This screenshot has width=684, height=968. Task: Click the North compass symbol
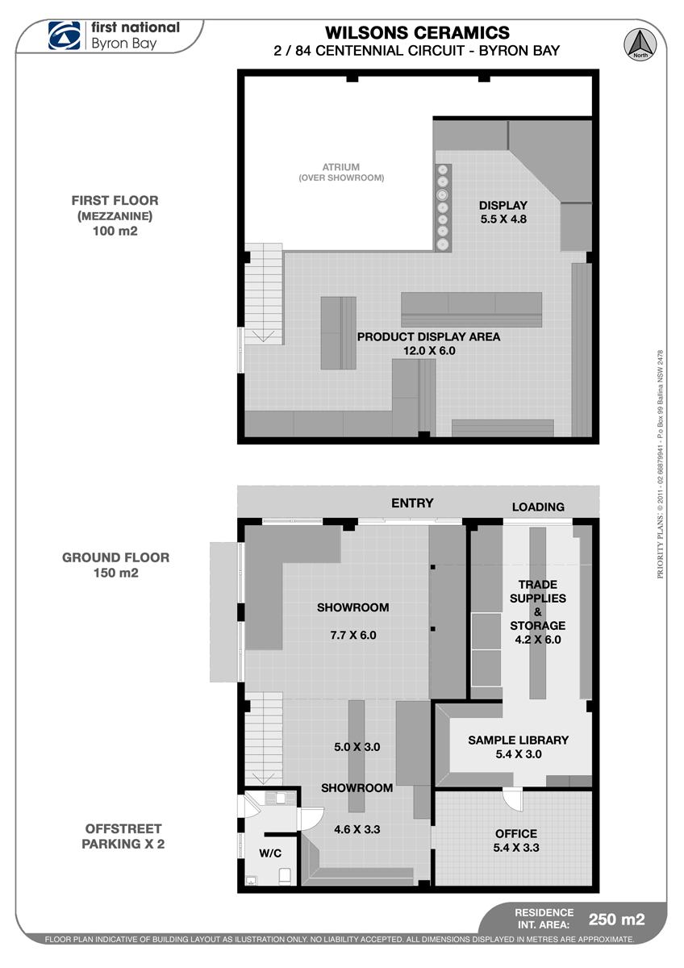[x=640, y=44]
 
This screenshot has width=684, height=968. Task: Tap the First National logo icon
[x=64, y=35]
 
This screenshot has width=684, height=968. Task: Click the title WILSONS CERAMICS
[x=417, y=33]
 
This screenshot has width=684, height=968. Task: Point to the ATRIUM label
[x=341, y=167]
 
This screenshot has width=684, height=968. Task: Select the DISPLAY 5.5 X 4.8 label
[x=503, y=211]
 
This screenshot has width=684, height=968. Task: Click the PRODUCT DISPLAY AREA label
[x=428, y=336]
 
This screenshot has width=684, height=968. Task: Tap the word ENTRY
[x=412, y=503]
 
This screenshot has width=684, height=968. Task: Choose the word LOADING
[x=538, y=507]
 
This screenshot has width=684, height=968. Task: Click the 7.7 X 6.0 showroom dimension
[x=353, y=635]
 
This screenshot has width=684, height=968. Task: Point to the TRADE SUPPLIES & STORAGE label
[x=538, y=605]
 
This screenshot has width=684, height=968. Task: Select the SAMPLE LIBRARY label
[x=518, y=740]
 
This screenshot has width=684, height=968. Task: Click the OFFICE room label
[x=516, y=833]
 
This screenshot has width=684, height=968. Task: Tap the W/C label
[x=270, y=853]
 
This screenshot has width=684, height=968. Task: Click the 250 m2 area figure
[x=616, y=919]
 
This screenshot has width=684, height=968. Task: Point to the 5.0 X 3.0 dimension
[x=357, y=747]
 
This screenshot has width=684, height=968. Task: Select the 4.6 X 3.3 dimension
[x=357, y=829]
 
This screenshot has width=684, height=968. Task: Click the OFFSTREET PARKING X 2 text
[x=123, y=836]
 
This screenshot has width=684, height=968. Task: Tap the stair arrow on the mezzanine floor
[x=263, y=336]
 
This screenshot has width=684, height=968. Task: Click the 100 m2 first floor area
[x=115, y=231]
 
